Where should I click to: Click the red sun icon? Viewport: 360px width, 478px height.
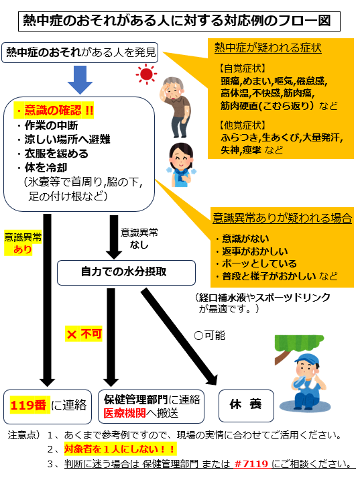click(146, 74)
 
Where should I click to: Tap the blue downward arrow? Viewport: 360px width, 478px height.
click(80, 80)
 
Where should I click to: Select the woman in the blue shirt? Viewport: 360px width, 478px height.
click(182, 165)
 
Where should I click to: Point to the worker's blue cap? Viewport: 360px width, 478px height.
click(307, 360)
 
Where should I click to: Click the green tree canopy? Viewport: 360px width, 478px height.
click(298, 343)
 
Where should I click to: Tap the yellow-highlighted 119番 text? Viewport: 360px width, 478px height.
click(28, 405)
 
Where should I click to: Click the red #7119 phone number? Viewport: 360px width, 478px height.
click(252, 464)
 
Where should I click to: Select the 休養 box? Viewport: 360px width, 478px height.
click(246, 406)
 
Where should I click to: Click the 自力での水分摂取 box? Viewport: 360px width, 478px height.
click(126, 273)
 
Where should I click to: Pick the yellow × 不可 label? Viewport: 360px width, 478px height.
click(84, 334)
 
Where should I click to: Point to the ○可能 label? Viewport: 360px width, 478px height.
click(209, 336)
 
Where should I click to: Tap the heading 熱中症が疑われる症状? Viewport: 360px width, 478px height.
click(267, 48)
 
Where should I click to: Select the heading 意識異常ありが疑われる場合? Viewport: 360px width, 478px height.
click(282, 219)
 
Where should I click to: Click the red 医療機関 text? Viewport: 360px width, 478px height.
click(125, 414)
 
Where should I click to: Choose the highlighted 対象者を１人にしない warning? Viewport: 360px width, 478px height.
click(120, 449)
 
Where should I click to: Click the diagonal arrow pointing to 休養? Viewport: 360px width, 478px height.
click(179, 337)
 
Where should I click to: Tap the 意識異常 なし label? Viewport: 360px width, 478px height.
click(139, 239)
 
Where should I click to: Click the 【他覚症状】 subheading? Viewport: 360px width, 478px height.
click(243, 125)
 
